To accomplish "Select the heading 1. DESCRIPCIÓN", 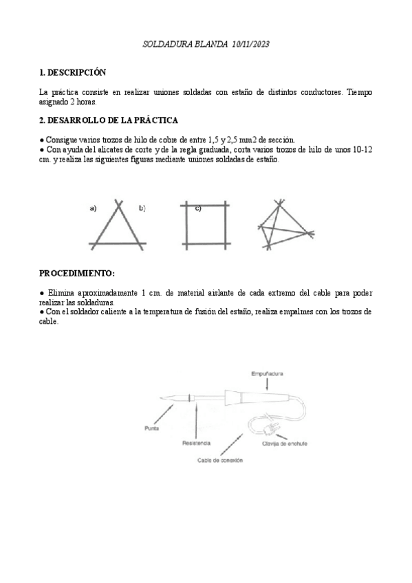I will (x=73, y=71).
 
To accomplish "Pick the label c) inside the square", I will (x=197, y=208).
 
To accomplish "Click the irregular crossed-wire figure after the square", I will (x=283, y=224).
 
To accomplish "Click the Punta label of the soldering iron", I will (x=153, y=428).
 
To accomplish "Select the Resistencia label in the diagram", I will (x=196, y=443).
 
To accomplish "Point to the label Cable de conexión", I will (x=220, y=460).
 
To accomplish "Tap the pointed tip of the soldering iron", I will (x=162, y=399).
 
